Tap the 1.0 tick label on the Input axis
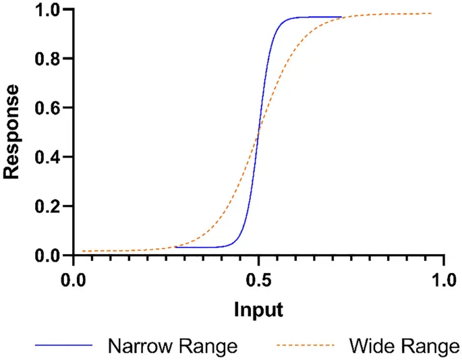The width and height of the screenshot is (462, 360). coord(442,278)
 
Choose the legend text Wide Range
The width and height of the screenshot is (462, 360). coord(403,347)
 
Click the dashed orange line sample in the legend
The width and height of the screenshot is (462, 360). coord(304,346)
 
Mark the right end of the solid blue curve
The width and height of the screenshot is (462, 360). coord(342,17)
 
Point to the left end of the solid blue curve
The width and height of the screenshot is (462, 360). coord(175,247)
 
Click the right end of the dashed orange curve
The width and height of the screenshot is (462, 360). coord(432,13)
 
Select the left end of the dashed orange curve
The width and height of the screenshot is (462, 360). coord(83,251)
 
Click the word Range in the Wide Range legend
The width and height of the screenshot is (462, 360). coord(428,347)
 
